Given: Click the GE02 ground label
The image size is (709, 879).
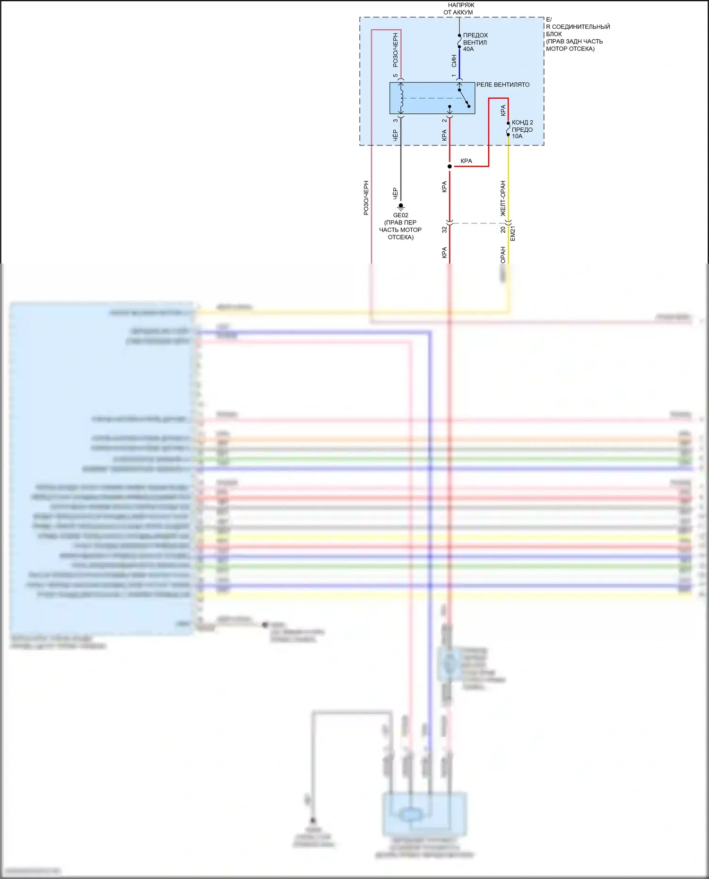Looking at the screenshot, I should (400, 215).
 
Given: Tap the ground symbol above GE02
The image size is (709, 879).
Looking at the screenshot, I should (401, 206).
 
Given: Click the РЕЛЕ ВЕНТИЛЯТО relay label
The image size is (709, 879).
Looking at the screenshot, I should (502, 85).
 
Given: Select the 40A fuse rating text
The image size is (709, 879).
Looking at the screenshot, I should (468, 49).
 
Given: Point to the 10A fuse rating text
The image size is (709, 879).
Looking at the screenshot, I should (517, 136).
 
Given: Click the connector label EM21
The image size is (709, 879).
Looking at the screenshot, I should (513, 233).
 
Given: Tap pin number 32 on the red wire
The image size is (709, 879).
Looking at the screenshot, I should (444, 230).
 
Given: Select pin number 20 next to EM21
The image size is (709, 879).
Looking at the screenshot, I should (503, 230).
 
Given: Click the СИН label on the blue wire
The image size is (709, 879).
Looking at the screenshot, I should (454, 60).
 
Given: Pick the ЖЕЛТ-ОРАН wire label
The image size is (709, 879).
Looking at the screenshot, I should (503, 198).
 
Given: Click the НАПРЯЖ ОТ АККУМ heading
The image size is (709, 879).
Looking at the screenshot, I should (458, 9).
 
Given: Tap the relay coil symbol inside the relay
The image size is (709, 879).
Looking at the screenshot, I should (401, 98).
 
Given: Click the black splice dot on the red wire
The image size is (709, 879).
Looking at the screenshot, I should (450, 166).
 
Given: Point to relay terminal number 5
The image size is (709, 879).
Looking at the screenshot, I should (396, 76).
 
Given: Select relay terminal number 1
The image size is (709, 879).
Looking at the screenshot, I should (454, 76).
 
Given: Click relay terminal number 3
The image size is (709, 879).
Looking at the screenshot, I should (396, 120).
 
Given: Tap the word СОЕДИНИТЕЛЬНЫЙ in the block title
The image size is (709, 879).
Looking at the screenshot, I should (581, 27).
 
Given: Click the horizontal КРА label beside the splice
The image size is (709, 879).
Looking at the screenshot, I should (466, 161).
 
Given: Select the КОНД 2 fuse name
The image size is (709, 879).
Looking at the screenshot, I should (522, 122).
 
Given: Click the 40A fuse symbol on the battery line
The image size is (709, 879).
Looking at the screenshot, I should (459, 42).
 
